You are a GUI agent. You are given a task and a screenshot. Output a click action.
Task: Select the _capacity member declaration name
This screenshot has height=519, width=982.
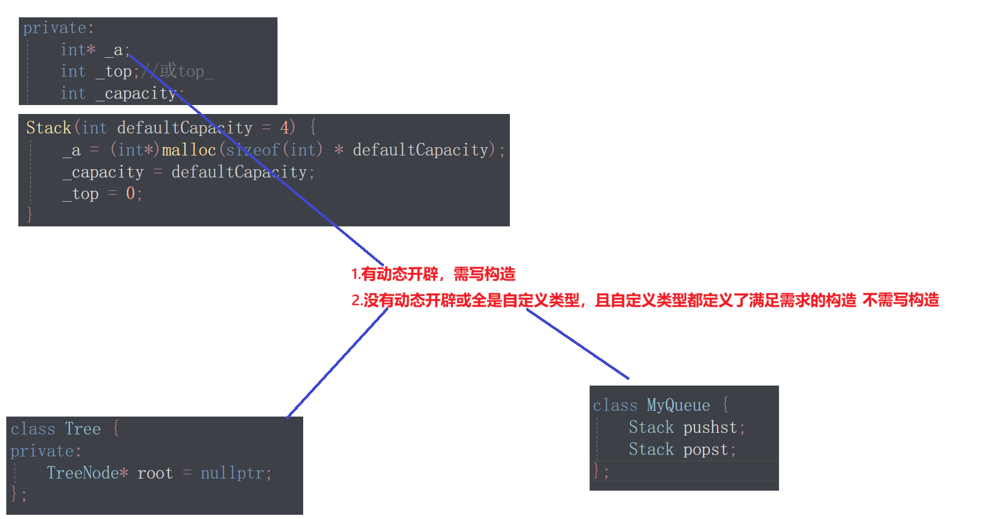pyautogui.click(x=137, y=94)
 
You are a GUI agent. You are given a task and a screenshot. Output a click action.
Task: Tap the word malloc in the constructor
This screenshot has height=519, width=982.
pyautogui.click(x=189, y=150)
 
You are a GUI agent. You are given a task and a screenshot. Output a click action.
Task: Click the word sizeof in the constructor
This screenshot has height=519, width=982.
pyautogui.click(x=253, y=150)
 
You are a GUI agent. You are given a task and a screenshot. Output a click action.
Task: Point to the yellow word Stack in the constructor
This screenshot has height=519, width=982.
pyautogui.click(x=48, y=128)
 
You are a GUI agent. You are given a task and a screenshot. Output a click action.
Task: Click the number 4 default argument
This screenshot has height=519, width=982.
pyautogui.click(x=284, y=128)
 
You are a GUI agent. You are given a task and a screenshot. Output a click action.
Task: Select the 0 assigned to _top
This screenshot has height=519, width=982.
pyautogui.click(x=131, y=194)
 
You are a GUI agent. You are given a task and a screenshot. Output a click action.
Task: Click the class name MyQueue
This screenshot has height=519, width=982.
pyautogui.click(x=678, y=405)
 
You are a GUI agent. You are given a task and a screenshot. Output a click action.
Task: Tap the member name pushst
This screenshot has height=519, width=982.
pyautogui.click(x=710, y=428)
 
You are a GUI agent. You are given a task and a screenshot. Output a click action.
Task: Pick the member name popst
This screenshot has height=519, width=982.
pyautogui.click(x=706, y=450)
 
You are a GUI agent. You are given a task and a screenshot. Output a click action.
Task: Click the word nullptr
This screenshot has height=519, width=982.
pyautogui.click(x=232, y=473)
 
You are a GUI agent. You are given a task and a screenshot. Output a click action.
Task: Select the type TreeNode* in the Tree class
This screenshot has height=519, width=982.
pyautogui.click(x=87, y=473)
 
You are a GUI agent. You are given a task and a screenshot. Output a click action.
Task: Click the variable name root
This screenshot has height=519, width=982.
pyautogui.click(x=155, y=473)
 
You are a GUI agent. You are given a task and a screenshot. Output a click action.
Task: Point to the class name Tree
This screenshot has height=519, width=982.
pyautogui.click(x=83, y=429)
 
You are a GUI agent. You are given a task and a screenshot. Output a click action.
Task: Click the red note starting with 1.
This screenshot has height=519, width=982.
pyautogui.click(x=433, y=274)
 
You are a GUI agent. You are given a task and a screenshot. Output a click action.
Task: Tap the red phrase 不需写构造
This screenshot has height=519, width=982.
pyautogui.click(x=901, y=300)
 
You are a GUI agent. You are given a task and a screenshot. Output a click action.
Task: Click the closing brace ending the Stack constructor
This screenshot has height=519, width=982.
pyautogui.click(x=29, y=214)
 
